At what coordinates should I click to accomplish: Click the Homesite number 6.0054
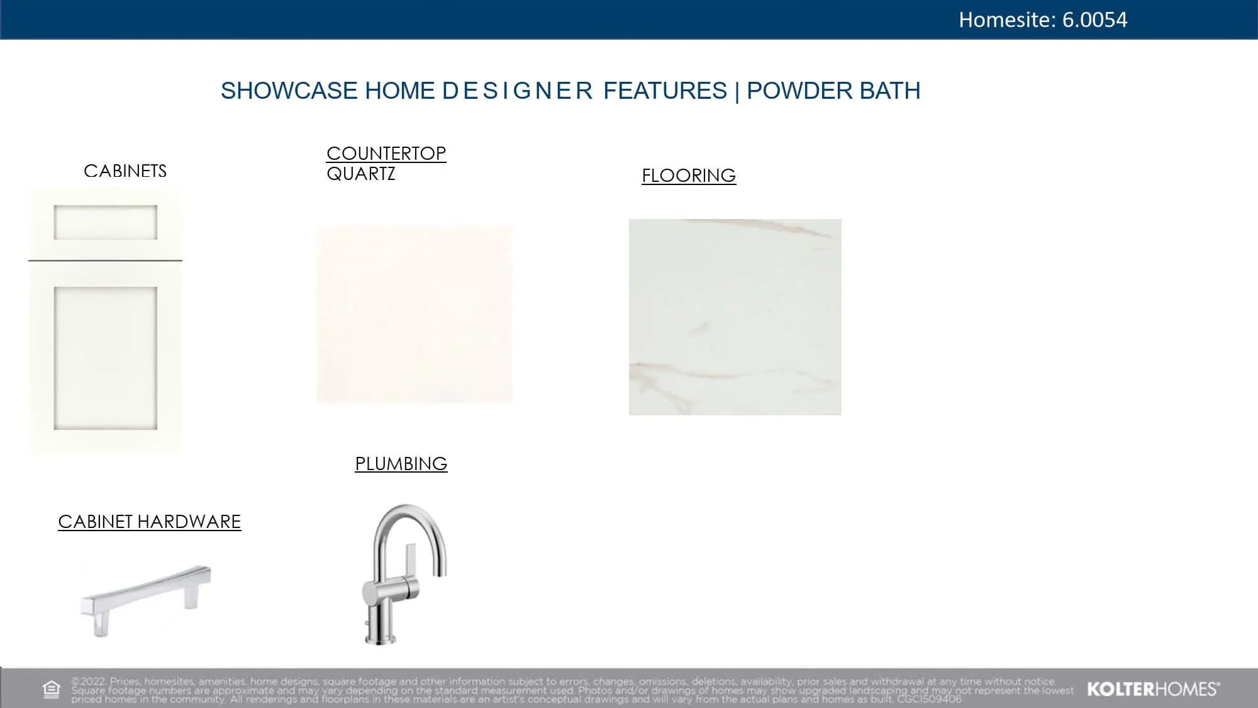1094,20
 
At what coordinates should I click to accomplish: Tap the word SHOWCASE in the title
289,91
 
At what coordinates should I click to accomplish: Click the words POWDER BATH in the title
833,91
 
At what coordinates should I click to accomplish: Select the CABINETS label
125,171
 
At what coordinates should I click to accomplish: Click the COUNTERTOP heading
386,153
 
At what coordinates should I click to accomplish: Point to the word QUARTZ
361,174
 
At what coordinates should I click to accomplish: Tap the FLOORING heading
689,175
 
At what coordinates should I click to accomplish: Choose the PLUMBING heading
401,464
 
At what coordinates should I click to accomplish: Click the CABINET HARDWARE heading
150,522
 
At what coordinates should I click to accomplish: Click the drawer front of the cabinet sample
105,222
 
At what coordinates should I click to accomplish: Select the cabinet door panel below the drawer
105,357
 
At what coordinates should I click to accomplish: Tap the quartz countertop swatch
415,314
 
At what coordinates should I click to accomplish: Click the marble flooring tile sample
735,317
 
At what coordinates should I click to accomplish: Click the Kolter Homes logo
1154,689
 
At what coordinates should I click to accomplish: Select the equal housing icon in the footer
52,689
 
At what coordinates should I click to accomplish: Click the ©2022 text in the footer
89,681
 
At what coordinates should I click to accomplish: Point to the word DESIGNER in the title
518,91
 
